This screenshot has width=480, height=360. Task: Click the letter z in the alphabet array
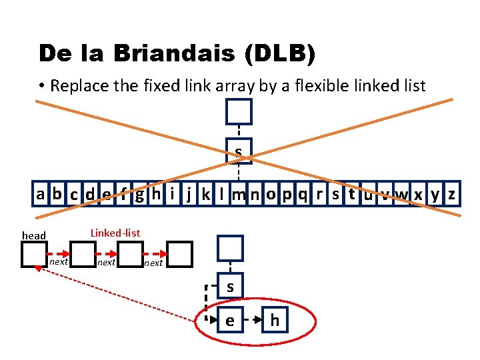tap(451, 194)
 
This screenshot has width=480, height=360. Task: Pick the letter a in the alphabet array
tap(41, 194)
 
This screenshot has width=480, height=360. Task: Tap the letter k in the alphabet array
tap(206, 194)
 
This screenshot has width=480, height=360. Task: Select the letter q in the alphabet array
tap(303, 194)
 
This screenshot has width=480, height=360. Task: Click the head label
tap(34, 235)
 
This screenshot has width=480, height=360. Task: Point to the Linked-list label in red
tap(115, 233)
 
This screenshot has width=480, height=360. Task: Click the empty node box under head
tap(34, 254)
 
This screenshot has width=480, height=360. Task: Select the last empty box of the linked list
tap(179, 254)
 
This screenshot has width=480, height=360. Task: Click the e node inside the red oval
tap(230, 321)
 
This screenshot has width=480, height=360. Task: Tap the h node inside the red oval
tap(275, 321)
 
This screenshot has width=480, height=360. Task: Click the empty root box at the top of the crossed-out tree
tap(239, 111)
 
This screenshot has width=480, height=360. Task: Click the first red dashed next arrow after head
tap(59, 254)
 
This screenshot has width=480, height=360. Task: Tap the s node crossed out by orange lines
tap(238, 151)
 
